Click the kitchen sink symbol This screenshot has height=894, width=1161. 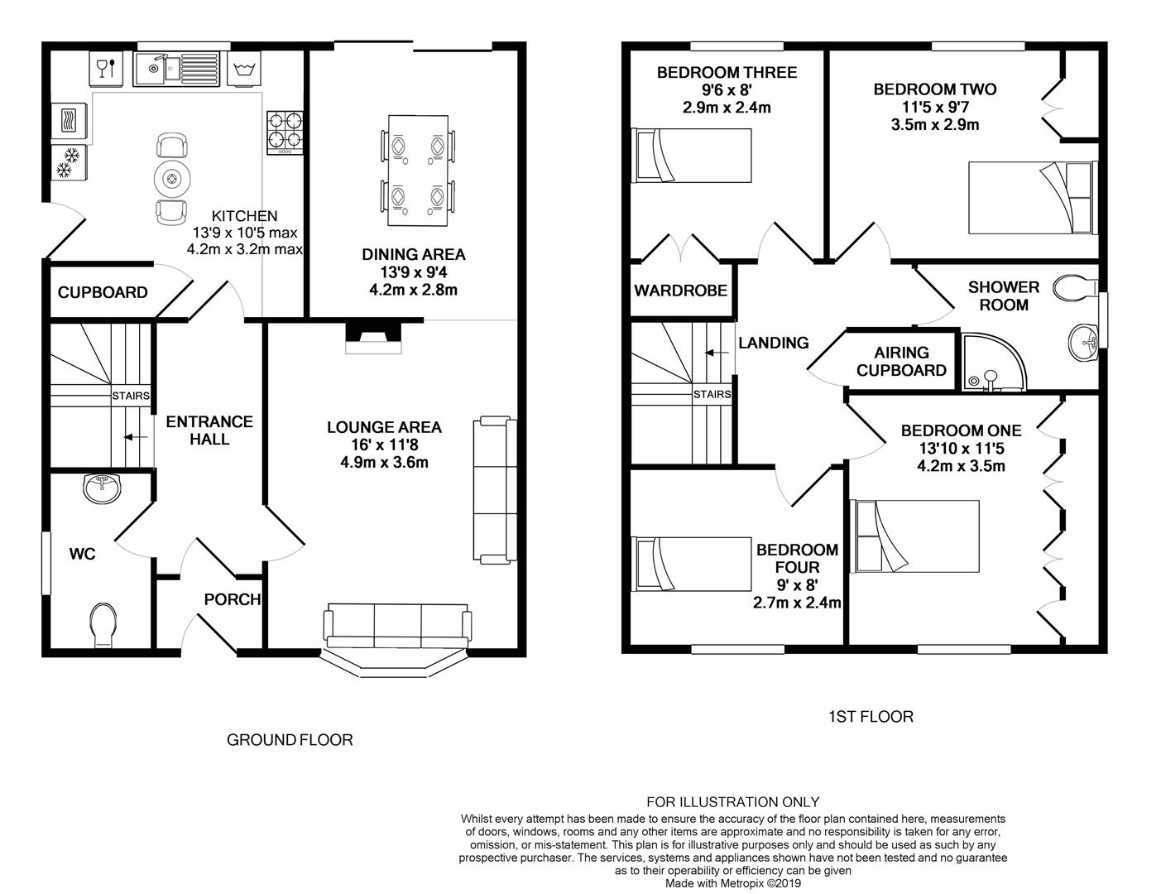click(176, 69)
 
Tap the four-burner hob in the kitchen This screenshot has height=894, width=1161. click(285, 132)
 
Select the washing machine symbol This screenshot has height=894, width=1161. click(244, 69)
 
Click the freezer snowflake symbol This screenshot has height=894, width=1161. click(69, 162)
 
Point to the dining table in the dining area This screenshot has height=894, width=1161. click(417, 171)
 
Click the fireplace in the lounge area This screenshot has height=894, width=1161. click(373, 338)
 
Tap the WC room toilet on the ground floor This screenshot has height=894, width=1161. click(103, 625)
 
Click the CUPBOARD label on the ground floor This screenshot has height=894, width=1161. click(103, 292)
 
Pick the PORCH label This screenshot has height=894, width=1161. click(233, 599)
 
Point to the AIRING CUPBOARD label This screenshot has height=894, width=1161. click(901, 362)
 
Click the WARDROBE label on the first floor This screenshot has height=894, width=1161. click(681, 291)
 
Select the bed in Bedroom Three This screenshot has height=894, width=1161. click(691, 156)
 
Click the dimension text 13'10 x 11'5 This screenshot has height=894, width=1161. click(962, 449)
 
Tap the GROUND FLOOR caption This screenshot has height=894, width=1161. click(290, 740)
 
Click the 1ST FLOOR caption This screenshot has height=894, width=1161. click(871, 717)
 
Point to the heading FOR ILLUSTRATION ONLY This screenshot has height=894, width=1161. click(733, 802)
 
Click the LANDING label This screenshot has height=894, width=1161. click(774, 343)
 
